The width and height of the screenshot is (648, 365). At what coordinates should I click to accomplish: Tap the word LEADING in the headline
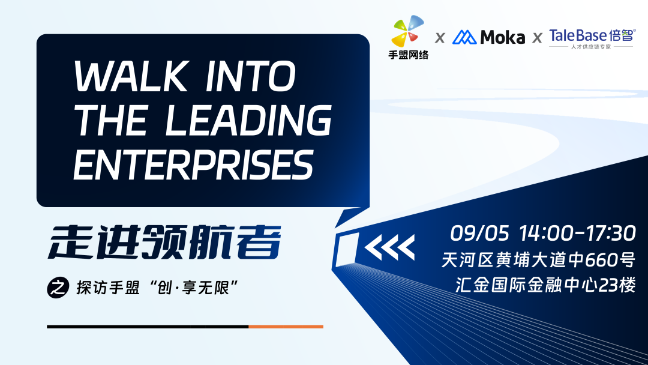coord(249,120)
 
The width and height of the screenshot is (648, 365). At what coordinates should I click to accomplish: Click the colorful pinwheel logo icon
coord(407,31)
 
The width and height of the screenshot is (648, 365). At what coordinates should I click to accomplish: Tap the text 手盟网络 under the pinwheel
coord(409,55)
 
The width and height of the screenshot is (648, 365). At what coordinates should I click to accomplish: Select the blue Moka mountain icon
coord(464,37)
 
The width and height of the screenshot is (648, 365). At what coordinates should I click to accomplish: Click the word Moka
coord(503,37)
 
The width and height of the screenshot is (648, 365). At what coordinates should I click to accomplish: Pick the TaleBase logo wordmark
coord(592,35)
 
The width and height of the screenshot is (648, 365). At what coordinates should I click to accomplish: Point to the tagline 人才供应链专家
coord(591,47)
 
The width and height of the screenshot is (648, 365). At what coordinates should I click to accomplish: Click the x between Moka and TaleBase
coord(537,38)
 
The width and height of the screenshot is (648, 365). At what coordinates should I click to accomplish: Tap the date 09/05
coord(479,234)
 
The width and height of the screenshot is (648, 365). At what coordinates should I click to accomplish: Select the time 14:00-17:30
coord(577,234)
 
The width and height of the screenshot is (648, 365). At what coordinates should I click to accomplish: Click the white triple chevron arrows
coord(390,247)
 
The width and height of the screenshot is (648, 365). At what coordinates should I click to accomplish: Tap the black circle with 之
coord(58,288)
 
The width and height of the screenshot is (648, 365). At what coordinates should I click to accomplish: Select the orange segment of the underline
coord(286,327)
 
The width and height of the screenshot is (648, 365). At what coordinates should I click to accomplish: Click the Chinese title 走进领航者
coord(164,242)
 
